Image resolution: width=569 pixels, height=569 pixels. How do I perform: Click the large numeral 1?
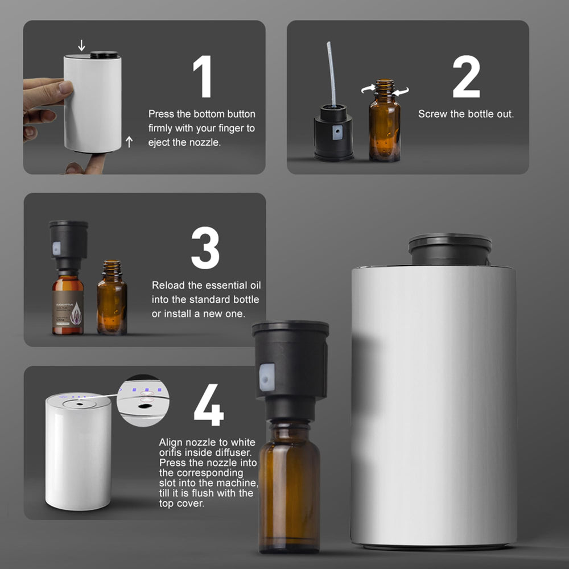click(x=203, y=77)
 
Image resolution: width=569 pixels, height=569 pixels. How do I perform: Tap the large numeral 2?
click(x=466, y=77)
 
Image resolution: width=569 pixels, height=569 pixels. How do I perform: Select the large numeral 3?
click(x=205, y=249)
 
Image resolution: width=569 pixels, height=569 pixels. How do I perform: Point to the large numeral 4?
click(x=208, y=406)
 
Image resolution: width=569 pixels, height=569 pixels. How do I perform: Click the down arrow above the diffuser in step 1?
click(x=81, y=45)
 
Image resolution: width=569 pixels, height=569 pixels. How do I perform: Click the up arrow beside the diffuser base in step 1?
click(x=129, y=142)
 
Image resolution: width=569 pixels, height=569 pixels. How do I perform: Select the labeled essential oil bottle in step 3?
click(x=68, y=302)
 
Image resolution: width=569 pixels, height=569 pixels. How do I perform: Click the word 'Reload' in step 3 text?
click(x=168, y=285)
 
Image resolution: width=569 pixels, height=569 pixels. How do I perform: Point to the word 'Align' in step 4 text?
click(x=171, y=442)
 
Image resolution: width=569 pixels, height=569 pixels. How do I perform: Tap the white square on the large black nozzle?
click(x=267, y=378)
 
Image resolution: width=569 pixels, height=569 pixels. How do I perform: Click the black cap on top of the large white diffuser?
click(x=450, y=249)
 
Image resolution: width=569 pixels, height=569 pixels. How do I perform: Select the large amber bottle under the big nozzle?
click(x=290, y=484)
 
